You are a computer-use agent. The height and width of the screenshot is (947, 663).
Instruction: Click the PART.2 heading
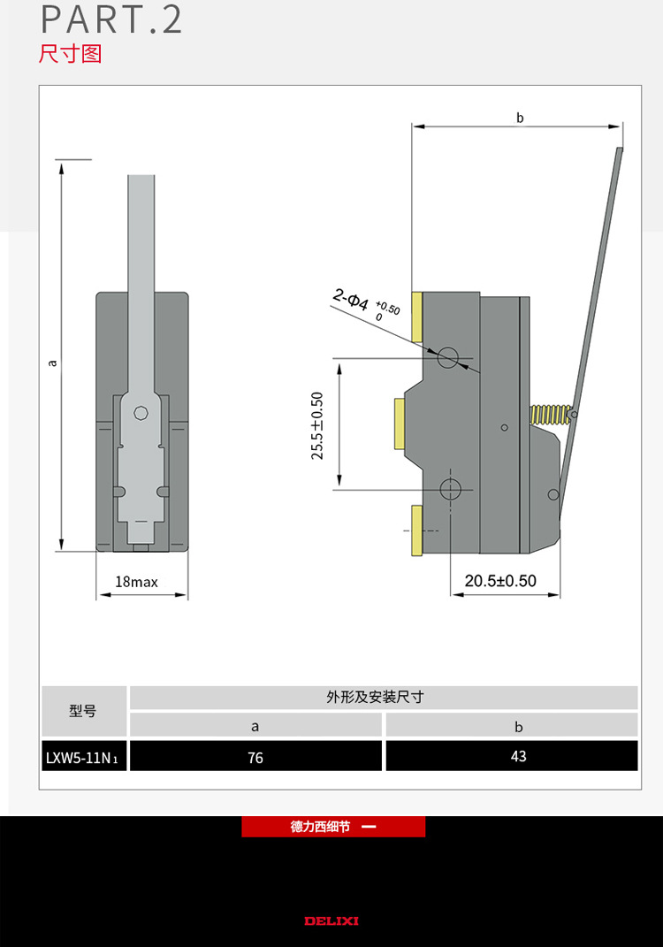click(x=111, y=20)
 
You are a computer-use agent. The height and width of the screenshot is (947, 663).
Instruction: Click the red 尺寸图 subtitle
click(x=71, y=54)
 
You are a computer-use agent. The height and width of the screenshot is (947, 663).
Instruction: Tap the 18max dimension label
click(x=136, y=582)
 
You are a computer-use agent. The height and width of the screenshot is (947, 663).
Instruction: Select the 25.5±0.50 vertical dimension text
click(x=317, y=425)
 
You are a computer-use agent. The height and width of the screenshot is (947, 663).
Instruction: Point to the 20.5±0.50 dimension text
click(x=500, y=581)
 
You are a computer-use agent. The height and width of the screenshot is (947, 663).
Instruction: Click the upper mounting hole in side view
click(x=449, y=357)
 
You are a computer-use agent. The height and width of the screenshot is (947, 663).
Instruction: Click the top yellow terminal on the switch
click(x=418, y=317)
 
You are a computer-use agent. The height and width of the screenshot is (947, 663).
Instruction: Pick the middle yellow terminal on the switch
click(x=400, y=424)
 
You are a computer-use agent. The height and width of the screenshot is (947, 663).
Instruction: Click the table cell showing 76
click(x=255, y=757)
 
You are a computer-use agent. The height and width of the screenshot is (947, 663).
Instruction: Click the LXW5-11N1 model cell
click(x=84, y=757)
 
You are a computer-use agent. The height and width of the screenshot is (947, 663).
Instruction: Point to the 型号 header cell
click(x=83, y=711)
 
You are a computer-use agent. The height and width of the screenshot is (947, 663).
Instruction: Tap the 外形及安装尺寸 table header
click(x=383, y=697)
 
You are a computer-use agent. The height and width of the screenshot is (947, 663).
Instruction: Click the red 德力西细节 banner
click(x=333, y=827)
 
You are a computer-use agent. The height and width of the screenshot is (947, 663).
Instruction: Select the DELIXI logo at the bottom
click(x=331, y=920)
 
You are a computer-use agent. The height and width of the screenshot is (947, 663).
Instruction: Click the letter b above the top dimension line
click(x=520, y=117)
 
